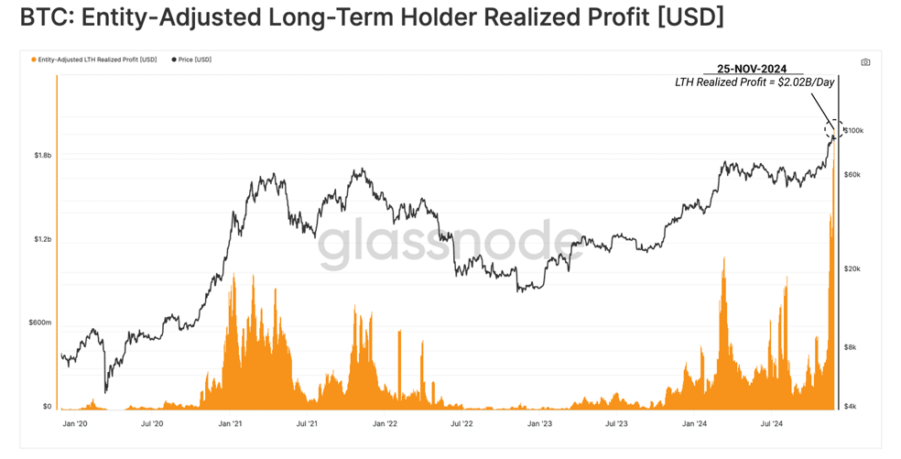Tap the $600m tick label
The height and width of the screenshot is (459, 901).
[40, 322]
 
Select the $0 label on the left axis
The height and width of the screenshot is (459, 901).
[47, 407]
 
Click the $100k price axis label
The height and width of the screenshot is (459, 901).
[854, 131]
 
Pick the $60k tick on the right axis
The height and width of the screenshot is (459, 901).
[852, 174]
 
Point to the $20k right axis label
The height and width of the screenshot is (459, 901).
[852, 268]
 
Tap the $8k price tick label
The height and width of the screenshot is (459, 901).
[851, 347]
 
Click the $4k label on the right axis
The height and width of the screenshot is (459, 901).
[851, 407]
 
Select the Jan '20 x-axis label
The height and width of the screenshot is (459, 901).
[75, 424]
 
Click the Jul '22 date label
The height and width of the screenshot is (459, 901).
[461, 424]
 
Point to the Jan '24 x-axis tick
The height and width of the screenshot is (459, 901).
[694, 424]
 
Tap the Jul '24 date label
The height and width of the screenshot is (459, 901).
[771, 424]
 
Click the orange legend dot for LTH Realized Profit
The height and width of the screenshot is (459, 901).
[34, 60]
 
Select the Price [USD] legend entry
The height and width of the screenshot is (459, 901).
[192, 60]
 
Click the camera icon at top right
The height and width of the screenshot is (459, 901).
[865, 62]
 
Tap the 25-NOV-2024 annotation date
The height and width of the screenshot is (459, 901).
[752, 69]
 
